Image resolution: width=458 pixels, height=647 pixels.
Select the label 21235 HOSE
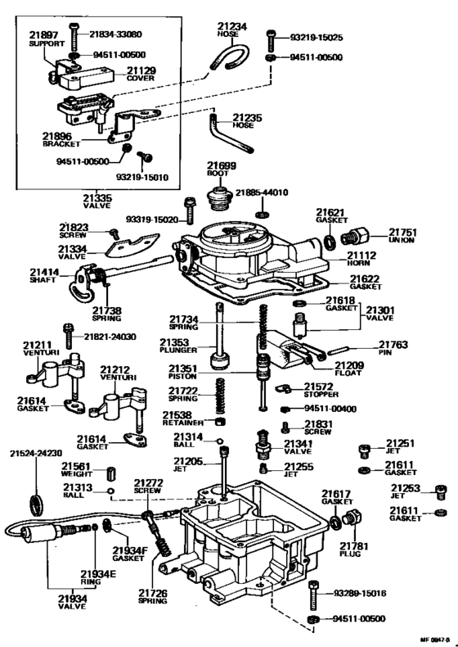tap(246, 122)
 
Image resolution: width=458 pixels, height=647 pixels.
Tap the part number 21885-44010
tap(263, 193)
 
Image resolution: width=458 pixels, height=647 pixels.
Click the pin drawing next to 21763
tap(343, 352)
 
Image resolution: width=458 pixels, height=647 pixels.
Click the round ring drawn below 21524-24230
tap(35, 500)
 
